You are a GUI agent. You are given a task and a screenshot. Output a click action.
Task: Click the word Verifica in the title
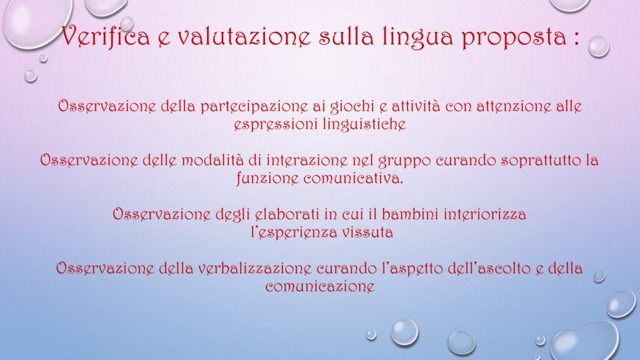click(x=106, y=36)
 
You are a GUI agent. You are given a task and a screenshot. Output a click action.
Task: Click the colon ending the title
click(x=576, y=38)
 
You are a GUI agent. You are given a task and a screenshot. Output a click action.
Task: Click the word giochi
click(x=352, y=106)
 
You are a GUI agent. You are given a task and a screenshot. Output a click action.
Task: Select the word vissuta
click(x=367, y=232)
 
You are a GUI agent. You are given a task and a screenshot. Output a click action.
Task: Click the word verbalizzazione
click(x=255, y=268)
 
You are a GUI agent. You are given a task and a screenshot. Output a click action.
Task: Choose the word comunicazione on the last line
click(x=320, y=286)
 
